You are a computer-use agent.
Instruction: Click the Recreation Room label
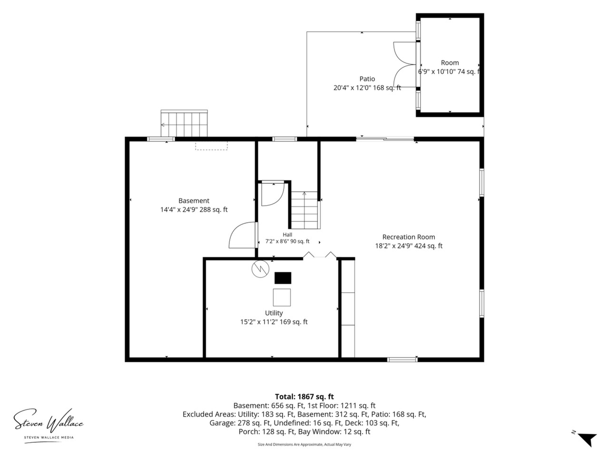point(408,237)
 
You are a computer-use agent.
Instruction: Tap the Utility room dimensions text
point(274,322)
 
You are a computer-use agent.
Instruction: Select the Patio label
point(367,79)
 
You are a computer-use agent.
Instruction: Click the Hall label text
point(287,235)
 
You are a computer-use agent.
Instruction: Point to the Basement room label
point(194,200)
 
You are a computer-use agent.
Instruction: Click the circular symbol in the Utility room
point(260,269)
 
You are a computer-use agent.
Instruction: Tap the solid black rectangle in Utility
point(283,278)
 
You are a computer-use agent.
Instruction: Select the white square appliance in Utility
point(282,298)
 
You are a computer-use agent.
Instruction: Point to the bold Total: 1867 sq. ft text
point(304,397)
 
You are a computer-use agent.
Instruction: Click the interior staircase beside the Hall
point(304,210)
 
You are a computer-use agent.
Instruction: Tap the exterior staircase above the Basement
point(184,123)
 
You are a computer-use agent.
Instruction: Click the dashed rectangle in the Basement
point(211,146)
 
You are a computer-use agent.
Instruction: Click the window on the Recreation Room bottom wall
point(403,359)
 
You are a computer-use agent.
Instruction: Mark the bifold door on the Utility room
point(320,255)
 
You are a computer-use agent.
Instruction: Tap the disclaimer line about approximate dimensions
point(304,445)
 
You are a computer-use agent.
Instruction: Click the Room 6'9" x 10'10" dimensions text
point(449,71)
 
